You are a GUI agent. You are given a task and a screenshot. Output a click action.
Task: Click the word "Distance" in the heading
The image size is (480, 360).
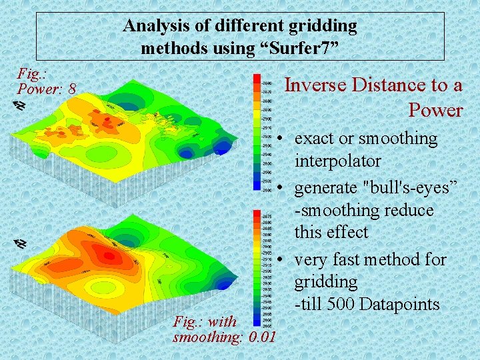pos(385,85)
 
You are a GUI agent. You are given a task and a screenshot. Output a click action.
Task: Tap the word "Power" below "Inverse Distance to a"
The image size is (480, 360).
pos(435,109)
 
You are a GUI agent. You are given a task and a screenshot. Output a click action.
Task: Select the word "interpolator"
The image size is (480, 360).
pos(337,161)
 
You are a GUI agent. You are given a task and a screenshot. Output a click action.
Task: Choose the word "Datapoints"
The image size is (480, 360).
pos(399,304)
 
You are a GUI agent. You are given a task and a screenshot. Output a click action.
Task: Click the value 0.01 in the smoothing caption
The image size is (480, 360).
pos(261,336)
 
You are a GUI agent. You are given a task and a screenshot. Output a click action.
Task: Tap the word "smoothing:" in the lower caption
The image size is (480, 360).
pos(207,336)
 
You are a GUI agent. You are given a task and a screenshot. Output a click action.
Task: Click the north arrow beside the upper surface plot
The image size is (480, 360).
pos(20,105)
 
